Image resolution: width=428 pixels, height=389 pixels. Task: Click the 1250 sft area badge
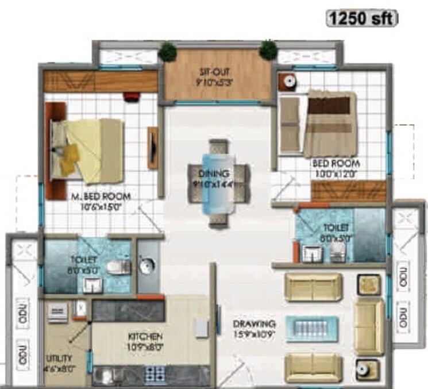click(x=361, y=18)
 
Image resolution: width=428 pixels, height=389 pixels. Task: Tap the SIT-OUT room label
click(x=217, y=71)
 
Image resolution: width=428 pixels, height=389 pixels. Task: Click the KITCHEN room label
click(x=144, y=337)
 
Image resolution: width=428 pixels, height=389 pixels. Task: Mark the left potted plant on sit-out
click(x=167, y=51)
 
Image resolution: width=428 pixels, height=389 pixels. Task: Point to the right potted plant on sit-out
click(x=268, y=49)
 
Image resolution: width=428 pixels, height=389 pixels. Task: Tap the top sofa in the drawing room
click(x=314, y=287)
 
